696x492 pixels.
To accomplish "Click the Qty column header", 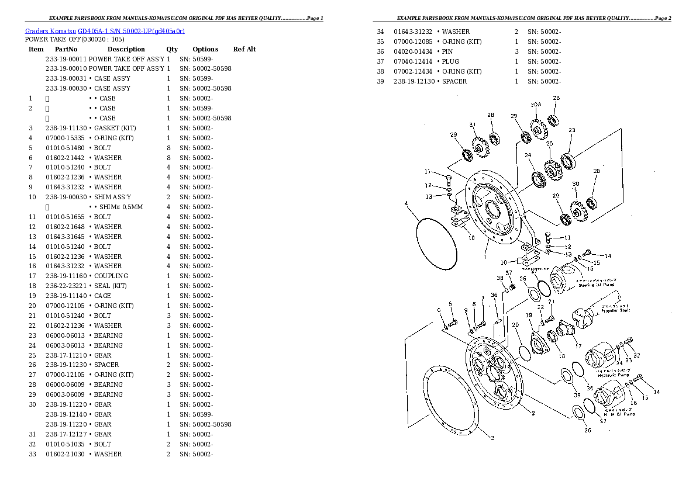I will coord(172,49).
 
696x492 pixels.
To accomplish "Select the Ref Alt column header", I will coord(244,49).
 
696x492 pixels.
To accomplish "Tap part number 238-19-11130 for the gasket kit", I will coord(66,128).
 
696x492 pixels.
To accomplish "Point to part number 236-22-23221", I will coord(66,286).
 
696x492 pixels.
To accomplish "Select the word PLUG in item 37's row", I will coord(450,61).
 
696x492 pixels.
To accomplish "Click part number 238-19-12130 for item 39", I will coord(414,81).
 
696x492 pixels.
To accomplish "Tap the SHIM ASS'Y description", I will coord(112,197).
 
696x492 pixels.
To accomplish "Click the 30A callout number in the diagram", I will coord(536,105).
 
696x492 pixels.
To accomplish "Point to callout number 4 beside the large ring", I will coord(406,204).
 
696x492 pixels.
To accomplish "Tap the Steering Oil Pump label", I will coord(595,285).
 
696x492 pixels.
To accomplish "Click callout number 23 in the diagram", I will coord(572,130).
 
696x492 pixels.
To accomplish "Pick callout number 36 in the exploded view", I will coord(494,295).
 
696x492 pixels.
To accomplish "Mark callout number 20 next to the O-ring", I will coord(515,325).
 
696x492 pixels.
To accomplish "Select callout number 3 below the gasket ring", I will coord(492,438).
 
